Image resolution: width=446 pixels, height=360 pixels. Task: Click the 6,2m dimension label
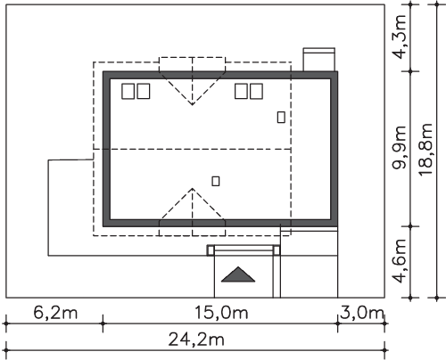pos(55,313)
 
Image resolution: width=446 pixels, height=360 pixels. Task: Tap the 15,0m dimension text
pos(221,313)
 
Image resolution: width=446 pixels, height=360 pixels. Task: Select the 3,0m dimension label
pos(362,313)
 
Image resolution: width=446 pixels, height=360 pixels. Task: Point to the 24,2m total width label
pos(196,340)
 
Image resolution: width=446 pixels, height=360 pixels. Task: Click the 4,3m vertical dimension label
pos(399,37)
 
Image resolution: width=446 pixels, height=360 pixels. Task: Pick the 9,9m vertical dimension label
pos(399,147)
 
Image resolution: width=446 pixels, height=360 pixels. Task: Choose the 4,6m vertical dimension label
pos(399,261)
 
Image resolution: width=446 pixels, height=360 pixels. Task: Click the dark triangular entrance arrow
pos(238,274)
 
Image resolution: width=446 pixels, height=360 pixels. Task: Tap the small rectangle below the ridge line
pos(216,181)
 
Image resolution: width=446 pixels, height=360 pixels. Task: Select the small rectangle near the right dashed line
pos(281,117)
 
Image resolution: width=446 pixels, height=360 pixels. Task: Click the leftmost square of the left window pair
pos(128,91)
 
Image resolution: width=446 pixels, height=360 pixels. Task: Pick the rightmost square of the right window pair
pos(256,91)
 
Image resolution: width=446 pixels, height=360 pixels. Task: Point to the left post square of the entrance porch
pos(211,250)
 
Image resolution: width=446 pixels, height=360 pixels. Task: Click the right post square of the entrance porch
pos(277,250)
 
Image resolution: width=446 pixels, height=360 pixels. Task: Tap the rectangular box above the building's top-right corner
pos(319,60)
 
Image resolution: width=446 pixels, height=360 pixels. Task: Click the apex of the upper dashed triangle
pos(193,105)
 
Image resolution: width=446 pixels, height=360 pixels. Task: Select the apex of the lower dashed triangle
pos(193,188)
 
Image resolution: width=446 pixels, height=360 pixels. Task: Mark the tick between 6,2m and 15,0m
pos(103,323)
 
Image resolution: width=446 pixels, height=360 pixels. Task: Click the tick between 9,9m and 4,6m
pos(410,226)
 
